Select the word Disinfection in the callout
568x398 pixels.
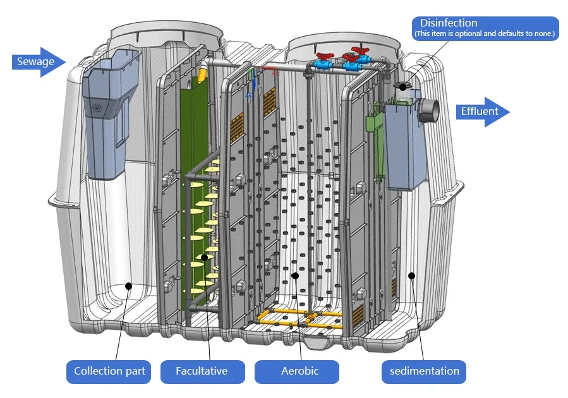(x=449, y=23)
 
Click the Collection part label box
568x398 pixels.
(x=109, y=371)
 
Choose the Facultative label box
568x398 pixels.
(x=202, y=371)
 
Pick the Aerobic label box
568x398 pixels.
(x=297, y=371)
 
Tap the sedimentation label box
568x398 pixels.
(x=423, y=371)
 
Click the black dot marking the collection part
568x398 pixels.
(x=128, y=286)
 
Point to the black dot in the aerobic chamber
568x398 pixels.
(x=295, y=275)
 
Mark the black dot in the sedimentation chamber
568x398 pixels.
(x=412, y=275)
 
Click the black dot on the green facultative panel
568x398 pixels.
(x=204, y=258)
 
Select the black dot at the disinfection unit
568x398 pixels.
(x=403, y=85)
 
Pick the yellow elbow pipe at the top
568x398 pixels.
(x=203, y=72)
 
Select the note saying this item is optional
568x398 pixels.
(x=485, y=33)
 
